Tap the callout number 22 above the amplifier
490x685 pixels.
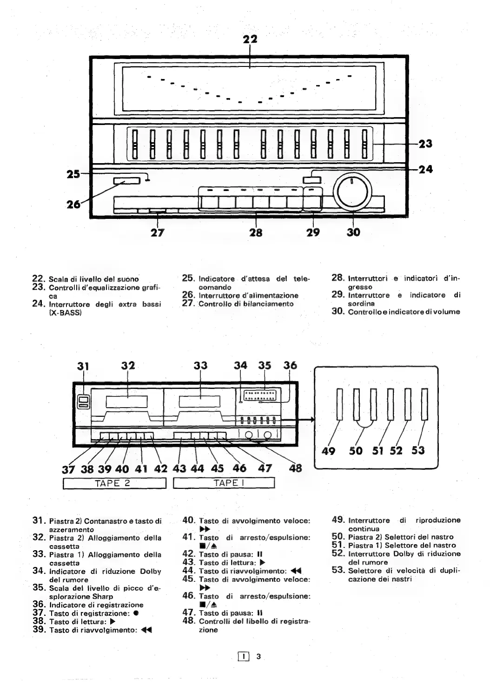[250, 40]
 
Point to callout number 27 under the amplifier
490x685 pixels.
[158, 232]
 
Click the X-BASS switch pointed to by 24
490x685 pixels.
[309, 180]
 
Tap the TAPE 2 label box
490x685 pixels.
[114, 483]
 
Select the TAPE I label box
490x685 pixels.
[225, 483]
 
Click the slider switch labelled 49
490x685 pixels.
[339, 403]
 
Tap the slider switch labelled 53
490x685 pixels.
[424, 403]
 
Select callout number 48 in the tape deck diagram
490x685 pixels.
[295, 468]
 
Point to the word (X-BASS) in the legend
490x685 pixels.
[66, 312]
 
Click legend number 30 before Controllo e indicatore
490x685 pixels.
[337, 311]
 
